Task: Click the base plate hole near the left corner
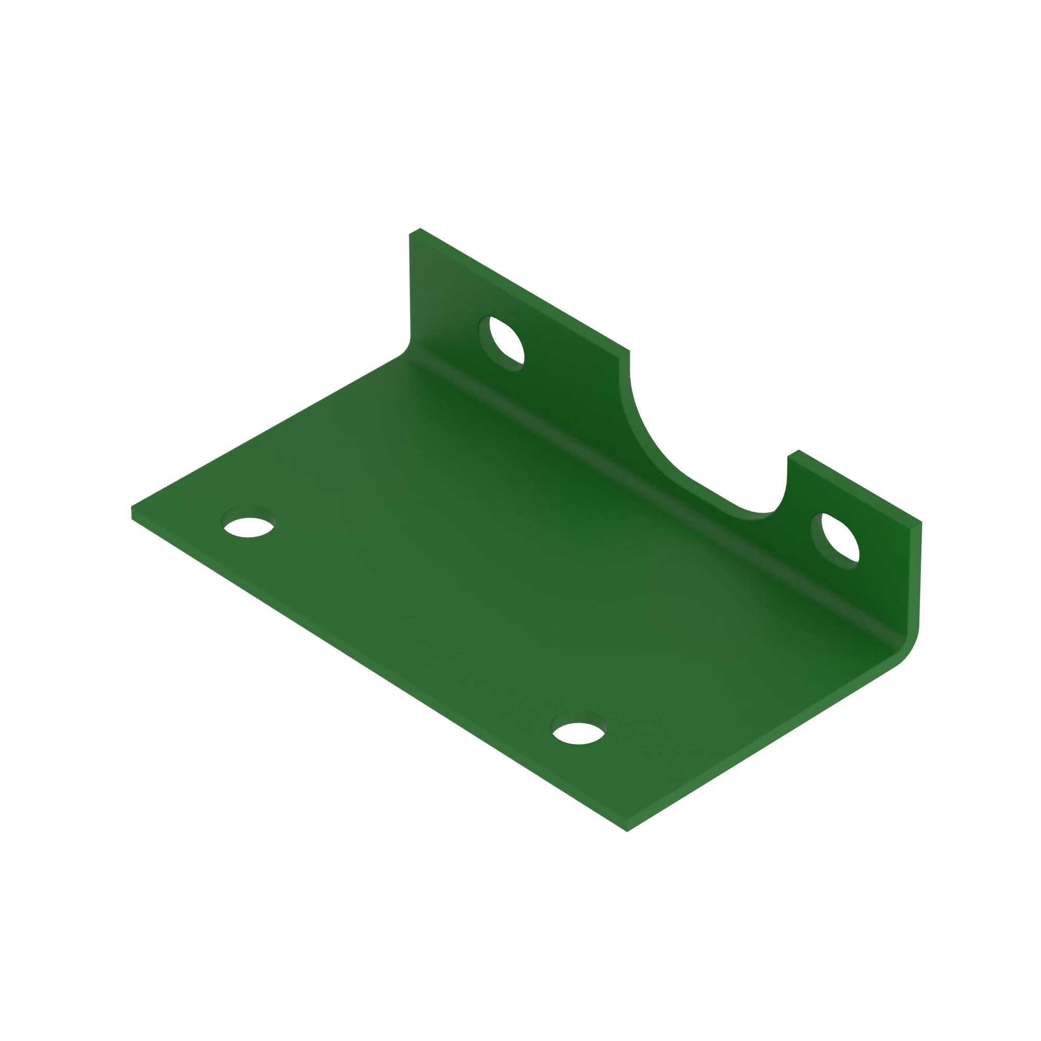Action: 248,527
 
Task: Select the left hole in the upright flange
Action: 506,342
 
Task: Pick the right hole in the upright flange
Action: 840,540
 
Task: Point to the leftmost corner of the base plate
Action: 133,512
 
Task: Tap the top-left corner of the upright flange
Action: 415,231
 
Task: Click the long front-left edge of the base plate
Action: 377,674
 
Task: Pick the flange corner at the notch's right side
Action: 793,454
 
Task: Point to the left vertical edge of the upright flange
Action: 410,286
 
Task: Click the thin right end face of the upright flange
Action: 915,577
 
